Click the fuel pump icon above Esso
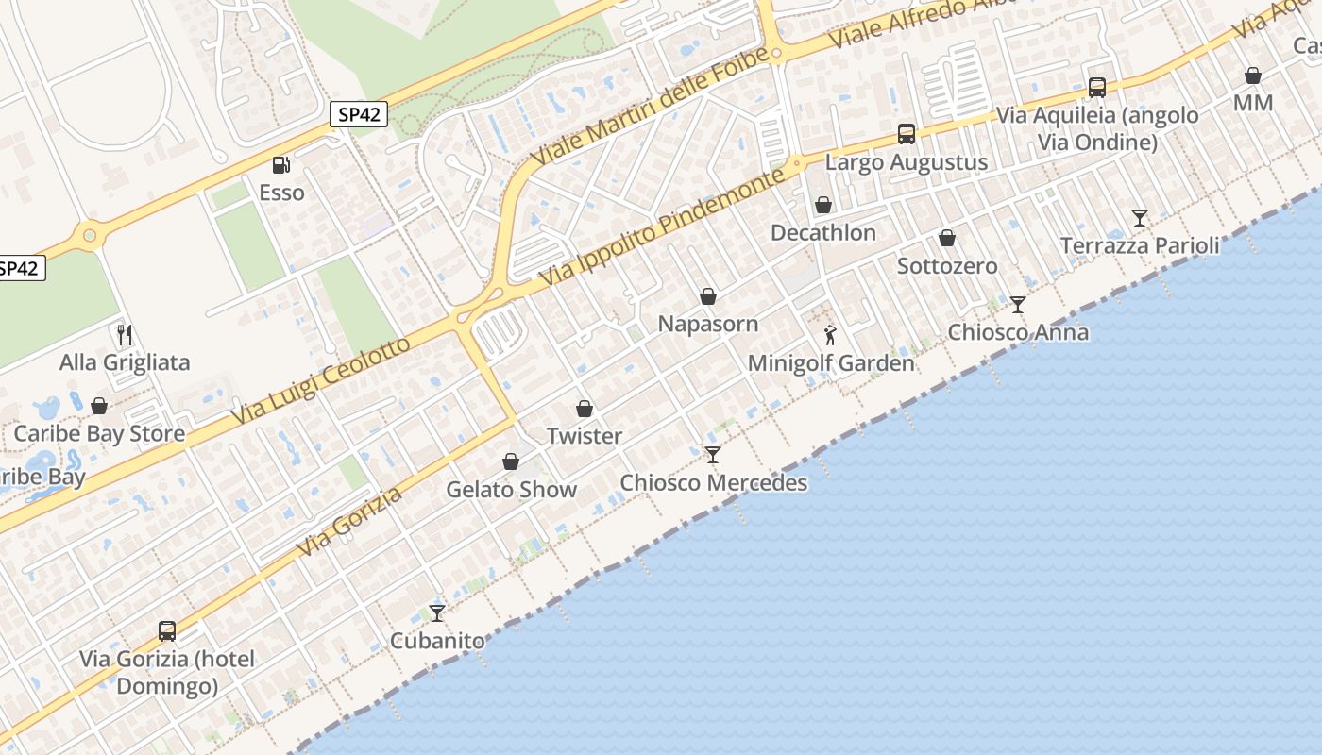coord(280,165)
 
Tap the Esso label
coord(281,193)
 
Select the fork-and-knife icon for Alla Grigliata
coord(124,334)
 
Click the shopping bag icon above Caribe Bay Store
coord(99,406)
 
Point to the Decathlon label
coord(823,232)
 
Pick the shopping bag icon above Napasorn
coord(708,296)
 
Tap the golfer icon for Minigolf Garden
coord(831,334)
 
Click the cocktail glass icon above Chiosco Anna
coord(1017,304)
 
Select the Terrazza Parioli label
coord(1140,245)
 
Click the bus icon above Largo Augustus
coord(907,134)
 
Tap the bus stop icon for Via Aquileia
coord(1096,87)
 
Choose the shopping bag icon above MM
coord(1253,75)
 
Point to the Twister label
coord(585,436)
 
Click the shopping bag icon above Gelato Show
coord(511,461)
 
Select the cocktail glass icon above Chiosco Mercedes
coord(713,455)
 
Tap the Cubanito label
coord(437,641)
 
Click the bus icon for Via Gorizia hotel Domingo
coord(167,630)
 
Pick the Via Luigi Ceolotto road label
coord(322,378)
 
